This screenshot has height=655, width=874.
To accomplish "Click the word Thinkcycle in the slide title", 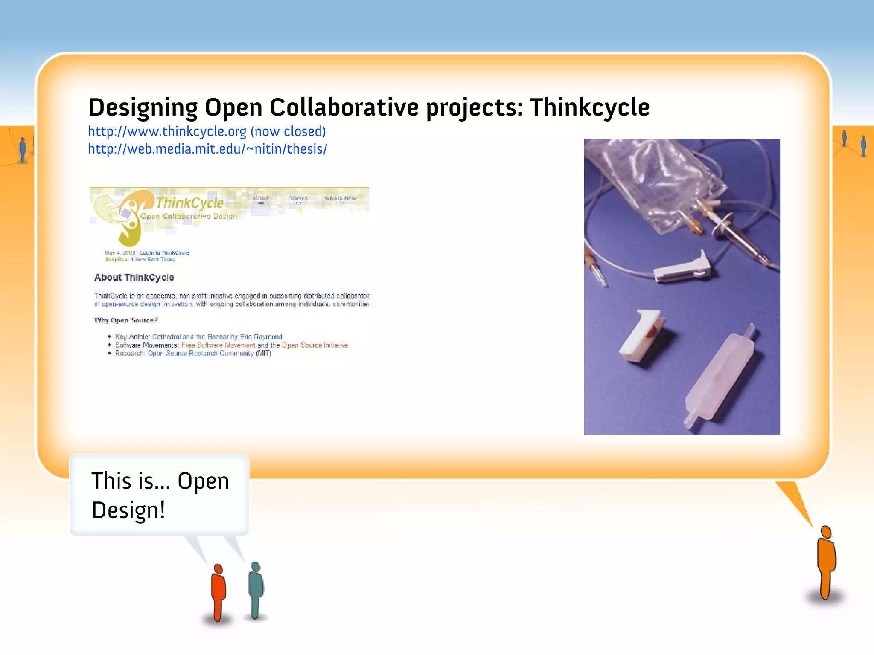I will (x=589, y=107).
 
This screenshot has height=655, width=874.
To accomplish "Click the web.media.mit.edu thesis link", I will (x=207, y=149).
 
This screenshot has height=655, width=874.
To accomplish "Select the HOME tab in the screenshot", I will (x=261, y=198).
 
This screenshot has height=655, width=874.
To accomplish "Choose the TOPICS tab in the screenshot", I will (x=298, y=198).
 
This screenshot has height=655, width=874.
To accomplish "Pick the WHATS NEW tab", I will (x=340, y=198).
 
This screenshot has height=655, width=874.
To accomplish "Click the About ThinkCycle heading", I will (x=134, y=278).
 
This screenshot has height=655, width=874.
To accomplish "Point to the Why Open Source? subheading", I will (x=126, y=320).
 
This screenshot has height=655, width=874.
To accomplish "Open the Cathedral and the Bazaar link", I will (x=217, y=337).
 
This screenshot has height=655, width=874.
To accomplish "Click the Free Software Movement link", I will (x=218, y=345).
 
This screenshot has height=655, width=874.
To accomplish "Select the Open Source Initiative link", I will (x=315, y=345).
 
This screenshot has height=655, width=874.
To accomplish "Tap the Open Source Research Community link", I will (x=201, y=353).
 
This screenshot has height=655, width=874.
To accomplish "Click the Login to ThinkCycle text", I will (x=164, y=252).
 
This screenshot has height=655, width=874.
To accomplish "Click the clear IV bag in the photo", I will (x=653, y=179).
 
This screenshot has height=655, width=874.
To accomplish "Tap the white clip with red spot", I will (x=642, y=337).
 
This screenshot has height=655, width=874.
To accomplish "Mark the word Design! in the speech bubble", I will (x=128, y=510).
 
